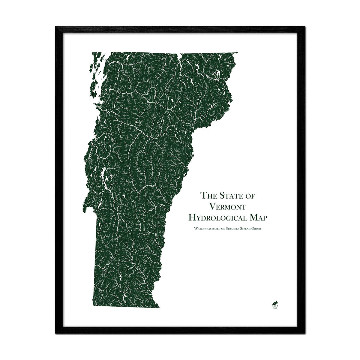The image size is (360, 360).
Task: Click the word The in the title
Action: (208, 196)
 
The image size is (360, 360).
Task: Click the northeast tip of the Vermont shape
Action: (238, 52)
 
